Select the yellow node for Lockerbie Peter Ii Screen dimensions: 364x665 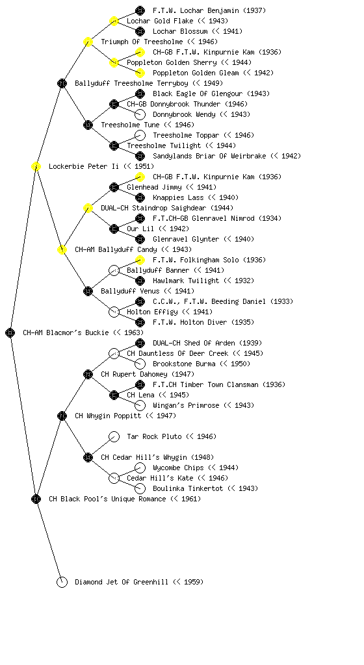click(x=36, y=166)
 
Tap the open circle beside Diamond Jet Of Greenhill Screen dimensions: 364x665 click(x=62, y=582)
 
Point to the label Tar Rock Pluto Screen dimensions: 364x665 click(x=155, y=436)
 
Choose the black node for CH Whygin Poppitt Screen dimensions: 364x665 click(x=62, y=416)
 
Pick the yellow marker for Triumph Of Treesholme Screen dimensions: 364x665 click(x=88, y=42)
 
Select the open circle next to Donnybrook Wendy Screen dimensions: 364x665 click(x=140, y=114)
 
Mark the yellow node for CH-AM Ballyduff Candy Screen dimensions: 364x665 click(x=62, y=249)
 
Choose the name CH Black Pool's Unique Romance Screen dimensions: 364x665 click(x=107, y=499)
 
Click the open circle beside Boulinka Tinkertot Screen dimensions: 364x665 click(x=140, y=488)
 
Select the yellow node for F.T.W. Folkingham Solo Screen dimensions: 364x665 click(x=140, y=260)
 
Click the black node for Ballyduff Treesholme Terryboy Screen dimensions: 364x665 click(x=62, y=83)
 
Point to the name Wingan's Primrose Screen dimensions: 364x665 click(x=187, y=405)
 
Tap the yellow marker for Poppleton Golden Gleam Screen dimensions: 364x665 click(x=140, y=73)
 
